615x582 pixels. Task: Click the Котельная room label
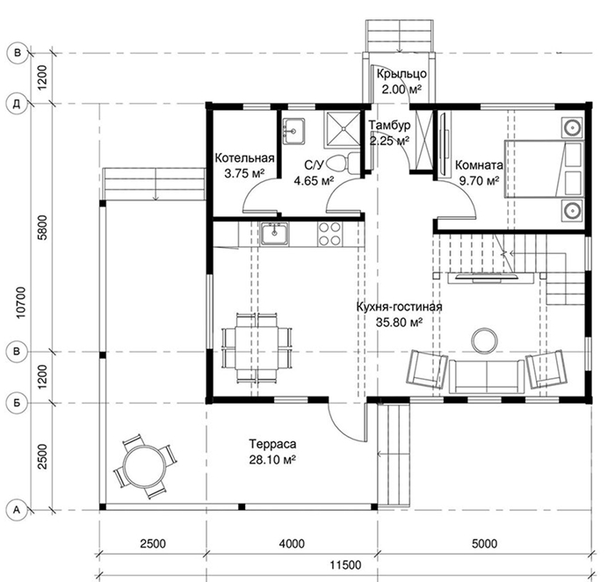244,158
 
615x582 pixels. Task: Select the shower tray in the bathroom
342,129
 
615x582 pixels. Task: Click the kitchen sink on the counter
274,234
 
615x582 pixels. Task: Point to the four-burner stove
329,234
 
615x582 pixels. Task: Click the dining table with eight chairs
257,348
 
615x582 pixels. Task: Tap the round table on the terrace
144,466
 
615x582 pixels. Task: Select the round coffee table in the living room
484,341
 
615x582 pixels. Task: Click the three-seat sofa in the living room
487,376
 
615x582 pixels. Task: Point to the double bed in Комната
543,169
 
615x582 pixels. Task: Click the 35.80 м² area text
399,322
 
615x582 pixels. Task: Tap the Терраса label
272,444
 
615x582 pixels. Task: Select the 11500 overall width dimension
345,565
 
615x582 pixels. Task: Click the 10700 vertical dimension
21,302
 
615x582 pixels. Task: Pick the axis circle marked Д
17,104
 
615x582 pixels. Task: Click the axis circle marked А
17,510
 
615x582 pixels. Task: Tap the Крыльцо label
402,74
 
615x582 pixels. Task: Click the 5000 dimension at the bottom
484,543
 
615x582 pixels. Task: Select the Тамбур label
389,125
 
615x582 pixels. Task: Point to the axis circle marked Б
17,403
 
